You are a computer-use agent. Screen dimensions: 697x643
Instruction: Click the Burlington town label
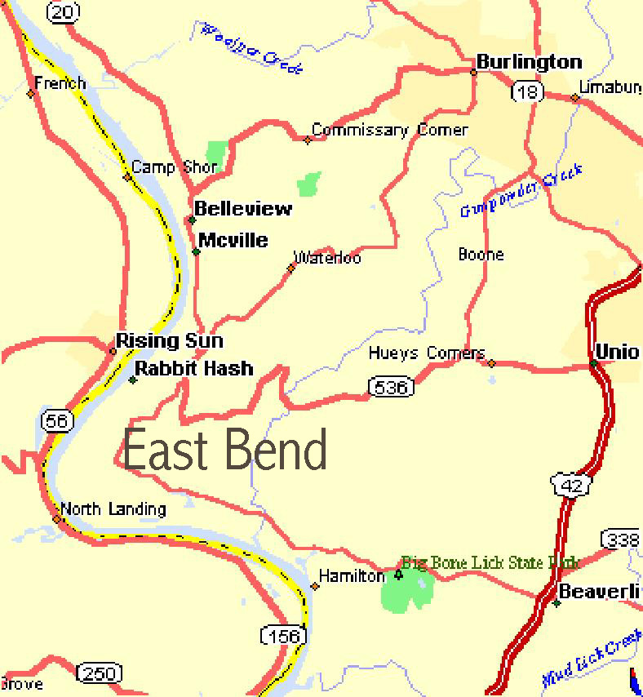click(x=529, y=62)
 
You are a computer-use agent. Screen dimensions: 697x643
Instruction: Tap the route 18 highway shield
click(x=528, y=92)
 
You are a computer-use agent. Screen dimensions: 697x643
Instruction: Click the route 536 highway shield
click(x=389, y=387)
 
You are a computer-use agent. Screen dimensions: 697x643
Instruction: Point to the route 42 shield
click(x=570, y=485)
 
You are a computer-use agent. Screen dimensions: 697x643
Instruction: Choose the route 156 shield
click(x=283, y=634)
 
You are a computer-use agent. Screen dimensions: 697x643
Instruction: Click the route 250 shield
click(x=99, y=673)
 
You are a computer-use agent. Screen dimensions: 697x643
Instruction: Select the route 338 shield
click(x=622, y=539)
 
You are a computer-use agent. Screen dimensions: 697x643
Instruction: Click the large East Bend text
click(x=225, y=451)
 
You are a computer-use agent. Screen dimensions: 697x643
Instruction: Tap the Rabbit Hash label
click(x=193, y=369)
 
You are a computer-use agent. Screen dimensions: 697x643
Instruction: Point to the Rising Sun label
click(x=169, y=341)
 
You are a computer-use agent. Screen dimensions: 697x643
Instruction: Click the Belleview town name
click(x=242, y=209)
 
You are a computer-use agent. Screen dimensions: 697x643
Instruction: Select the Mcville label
click(x=233, y=240)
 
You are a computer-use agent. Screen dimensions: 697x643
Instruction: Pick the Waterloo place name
click(x=328, y=258)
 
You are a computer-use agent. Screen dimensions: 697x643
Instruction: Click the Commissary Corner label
click(x=390, y=131)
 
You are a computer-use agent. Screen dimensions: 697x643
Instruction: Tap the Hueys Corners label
click(x=426, y=353)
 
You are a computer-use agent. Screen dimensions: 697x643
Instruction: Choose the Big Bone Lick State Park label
click(x=490, y=563)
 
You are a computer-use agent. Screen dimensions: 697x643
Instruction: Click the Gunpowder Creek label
click(x=521, y=190)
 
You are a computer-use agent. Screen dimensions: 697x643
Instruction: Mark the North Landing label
click(x=113, y=509)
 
